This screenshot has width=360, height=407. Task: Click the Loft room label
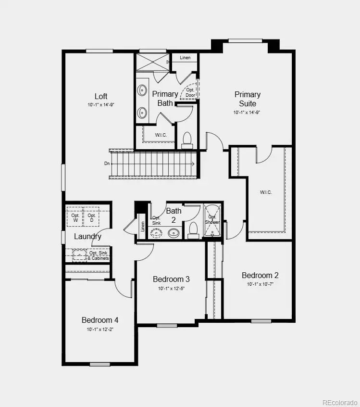[x=101, y=96]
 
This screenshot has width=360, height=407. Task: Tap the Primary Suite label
[x=248, y=99]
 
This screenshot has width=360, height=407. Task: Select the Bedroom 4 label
[x=100, y=320]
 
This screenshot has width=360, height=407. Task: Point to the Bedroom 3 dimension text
[x=172, y=289]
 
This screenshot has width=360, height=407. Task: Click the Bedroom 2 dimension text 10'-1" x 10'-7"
[x=260, y=284]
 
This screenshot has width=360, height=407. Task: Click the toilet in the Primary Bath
[x=187, y=140]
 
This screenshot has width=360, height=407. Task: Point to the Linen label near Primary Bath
[x=185, y=58]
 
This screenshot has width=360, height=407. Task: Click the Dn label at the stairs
[x=106, y=164]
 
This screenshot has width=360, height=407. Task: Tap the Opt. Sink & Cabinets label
[x=99, y=255]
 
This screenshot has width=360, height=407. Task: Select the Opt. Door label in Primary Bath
[x=190, y=92]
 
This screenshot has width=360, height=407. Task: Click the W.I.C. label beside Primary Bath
[x=161, y=135]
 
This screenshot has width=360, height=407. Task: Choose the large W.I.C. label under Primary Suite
[x=266, y=192]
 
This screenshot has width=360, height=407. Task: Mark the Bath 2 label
[x=174, y=215]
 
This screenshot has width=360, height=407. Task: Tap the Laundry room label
[x=87, y=236]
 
